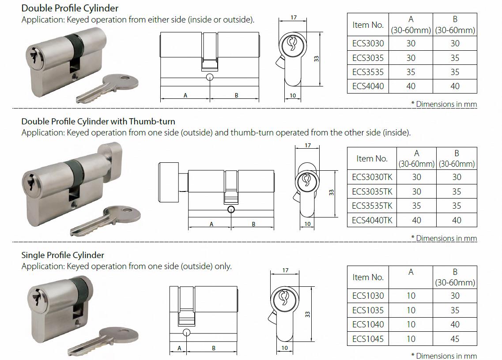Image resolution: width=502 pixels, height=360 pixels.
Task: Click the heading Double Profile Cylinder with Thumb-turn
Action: [98, 121]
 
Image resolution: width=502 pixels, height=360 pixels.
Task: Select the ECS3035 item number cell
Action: [368, 58]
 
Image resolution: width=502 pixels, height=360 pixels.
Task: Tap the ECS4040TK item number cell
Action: [372, 220]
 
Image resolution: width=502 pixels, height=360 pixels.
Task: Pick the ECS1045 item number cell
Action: [368, 339]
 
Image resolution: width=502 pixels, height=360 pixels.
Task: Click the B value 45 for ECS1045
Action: [455, 339]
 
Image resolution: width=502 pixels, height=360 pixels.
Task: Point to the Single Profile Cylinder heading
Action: [63, 255]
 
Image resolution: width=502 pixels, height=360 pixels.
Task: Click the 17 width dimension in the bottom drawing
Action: [285, 270]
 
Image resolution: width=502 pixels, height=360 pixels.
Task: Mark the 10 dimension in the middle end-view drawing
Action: [308, 224]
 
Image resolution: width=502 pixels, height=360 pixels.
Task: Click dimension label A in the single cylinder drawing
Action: [179, 348]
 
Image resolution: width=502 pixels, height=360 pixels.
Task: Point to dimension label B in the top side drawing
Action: [236, 95]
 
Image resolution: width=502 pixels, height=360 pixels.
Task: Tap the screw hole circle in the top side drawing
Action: [209, 78]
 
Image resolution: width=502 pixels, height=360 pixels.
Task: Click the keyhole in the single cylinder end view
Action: [284, 298]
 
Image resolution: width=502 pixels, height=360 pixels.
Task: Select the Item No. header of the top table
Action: [368, 25]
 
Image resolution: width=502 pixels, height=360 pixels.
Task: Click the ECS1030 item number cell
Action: [368, 296]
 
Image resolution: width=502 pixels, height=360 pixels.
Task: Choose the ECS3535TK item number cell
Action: [372, 206]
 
